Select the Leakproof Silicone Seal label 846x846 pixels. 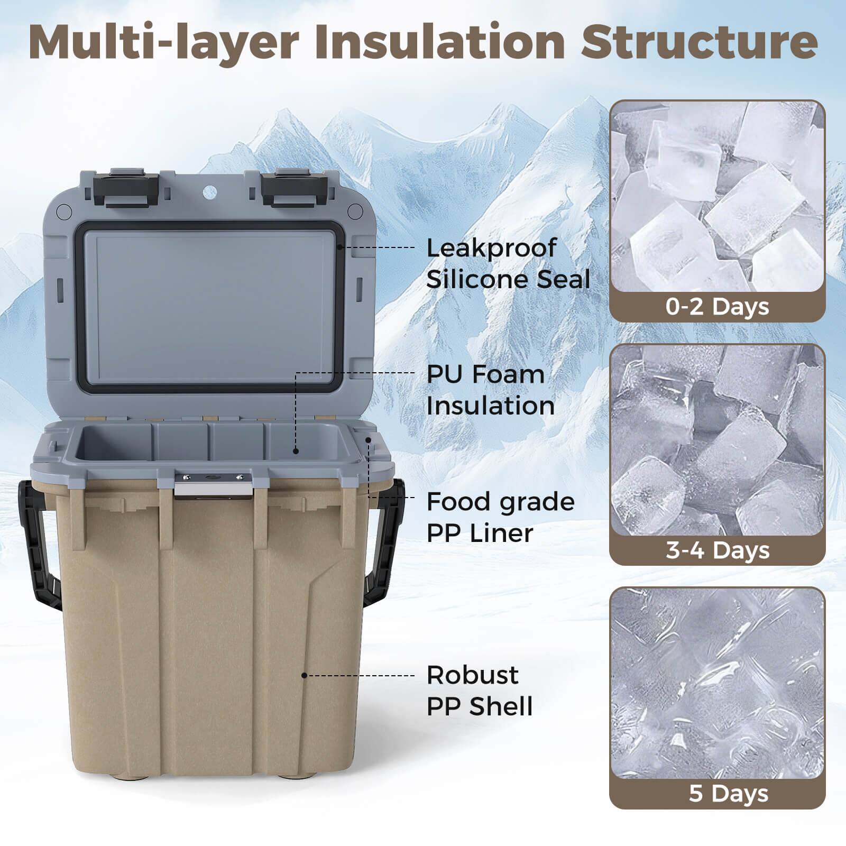508,263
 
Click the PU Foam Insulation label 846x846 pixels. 490,390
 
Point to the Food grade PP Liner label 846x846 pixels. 500,517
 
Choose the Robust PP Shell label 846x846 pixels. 479,691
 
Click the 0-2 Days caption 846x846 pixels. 717,307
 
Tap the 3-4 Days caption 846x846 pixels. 717,550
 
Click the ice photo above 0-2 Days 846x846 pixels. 717,197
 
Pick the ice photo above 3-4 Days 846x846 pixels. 717,440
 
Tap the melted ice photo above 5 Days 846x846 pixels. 717,683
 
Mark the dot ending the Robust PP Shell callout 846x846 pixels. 304,675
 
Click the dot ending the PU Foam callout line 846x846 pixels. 296,451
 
